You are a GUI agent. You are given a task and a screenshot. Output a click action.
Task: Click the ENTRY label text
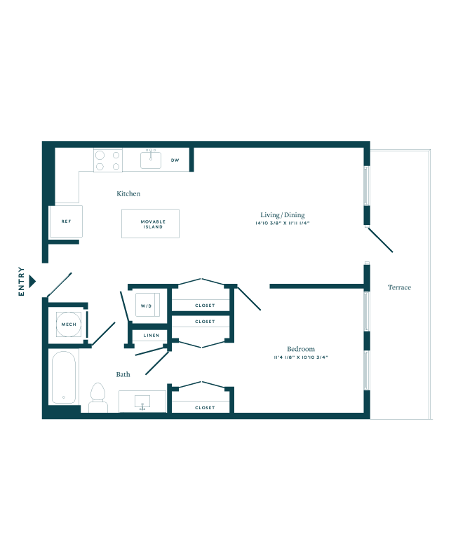pos(22,281)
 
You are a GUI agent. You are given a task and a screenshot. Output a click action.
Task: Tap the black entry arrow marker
pos(32,281)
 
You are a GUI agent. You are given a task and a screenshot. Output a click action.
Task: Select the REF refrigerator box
pos(66,221)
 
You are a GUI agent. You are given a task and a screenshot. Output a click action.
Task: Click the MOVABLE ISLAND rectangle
pos(150,224)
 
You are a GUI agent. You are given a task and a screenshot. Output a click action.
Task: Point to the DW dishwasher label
pos(175,160)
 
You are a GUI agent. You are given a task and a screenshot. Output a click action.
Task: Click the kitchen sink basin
pos(151,160)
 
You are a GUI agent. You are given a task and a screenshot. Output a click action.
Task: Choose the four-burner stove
pos(108,160)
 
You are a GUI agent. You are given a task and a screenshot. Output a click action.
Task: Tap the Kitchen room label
pos(128,193)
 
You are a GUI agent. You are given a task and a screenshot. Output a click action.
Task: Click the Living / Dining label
pos(283,215)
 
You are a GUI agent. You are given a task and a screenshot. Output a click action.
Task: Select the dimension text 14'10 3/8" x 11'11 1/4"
pos(283,224)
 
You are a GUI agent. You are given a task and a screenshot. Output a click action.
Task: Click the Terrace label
pos(399,287)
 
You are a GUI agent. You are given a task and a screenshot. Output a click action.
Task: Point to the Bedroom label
pos(301,349)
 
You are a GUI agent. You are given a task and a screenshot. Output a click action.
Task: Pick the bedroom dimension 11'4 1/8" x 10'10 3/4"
pos(301,357)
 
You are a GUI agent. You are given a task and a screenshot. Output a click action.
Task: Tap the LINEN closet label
pos(151,336)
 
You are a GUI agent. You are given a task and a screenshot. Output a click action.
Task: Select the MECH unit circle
pos(69,324)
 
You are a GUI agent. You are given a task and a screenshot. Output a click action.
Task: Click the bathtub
pos(64,377)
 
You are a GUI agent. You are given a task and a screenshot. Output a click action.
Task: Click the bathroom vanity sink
pos(143,402)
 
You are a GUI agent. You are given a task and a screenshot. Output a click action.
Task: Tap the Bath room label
pos(123,374)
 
